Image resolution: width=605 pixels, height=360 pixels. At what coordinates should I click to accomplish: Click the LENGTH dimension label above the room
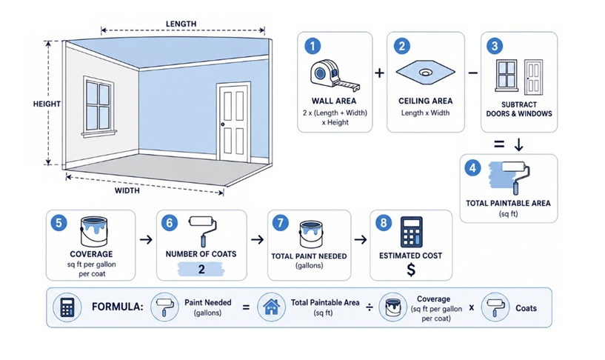[181, 24]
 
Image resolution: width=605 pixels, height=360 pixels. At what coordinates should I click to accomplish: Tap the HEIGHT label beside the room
[47, 104]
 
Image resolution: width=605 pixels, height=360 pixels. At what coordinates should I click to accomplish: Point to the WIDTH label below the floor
[127, 190]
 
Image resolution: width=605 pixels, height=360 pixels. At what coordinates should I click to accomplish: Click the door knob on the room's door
[223, 124]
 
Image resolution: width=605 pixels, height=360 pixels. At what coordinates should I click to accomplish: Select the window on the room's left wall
[98, 107]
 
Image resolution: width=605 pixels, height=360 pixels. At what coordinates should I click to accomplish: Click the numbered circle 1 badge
[312, 47]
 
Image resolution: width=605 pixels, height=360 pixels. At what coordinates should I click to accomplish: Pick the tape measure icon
[335, 76]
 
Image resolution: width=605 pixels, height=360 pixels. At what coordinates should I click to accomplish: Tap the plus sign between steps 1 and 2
[380, 73]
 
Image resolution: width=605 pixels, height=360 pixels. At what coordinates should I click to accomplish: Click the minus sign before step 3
[472, 73]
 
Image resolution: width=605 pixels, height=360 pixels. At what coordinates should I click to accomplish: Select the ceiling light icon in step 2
[425, 72]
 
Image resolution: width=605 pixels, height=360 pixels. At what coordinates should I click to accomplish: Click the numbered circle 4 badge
[472, 168]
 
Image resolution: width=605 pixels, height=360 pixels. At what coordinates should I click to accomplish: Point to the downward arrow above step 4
[519, 144]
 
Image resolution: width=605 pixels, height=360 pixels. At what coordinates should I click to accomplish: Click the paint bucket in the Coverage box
[94, 232]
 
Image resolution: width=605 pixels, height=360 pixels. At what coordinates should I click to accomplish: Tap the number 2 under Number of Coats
[201, 269]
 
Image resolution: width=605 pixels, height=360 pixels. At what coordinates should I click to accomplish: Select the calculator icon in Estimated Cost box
[411, 232]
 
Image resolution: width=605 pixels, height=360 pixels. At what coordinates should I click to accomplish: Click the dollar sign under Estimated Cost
[411, 270]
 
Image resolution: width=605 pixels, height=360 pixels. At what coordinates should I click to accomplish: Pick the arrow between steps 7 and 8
[361, 239]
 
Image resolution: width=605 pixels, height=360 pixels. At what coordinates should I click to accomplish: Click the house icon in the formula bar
[271, 307]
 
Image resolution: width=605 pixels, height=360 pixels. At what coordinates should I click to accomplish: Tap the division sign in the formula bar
[370, 307]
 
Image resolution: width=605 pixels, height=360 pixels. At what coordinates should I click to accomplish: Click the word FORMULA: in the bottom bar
[117, 307]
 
